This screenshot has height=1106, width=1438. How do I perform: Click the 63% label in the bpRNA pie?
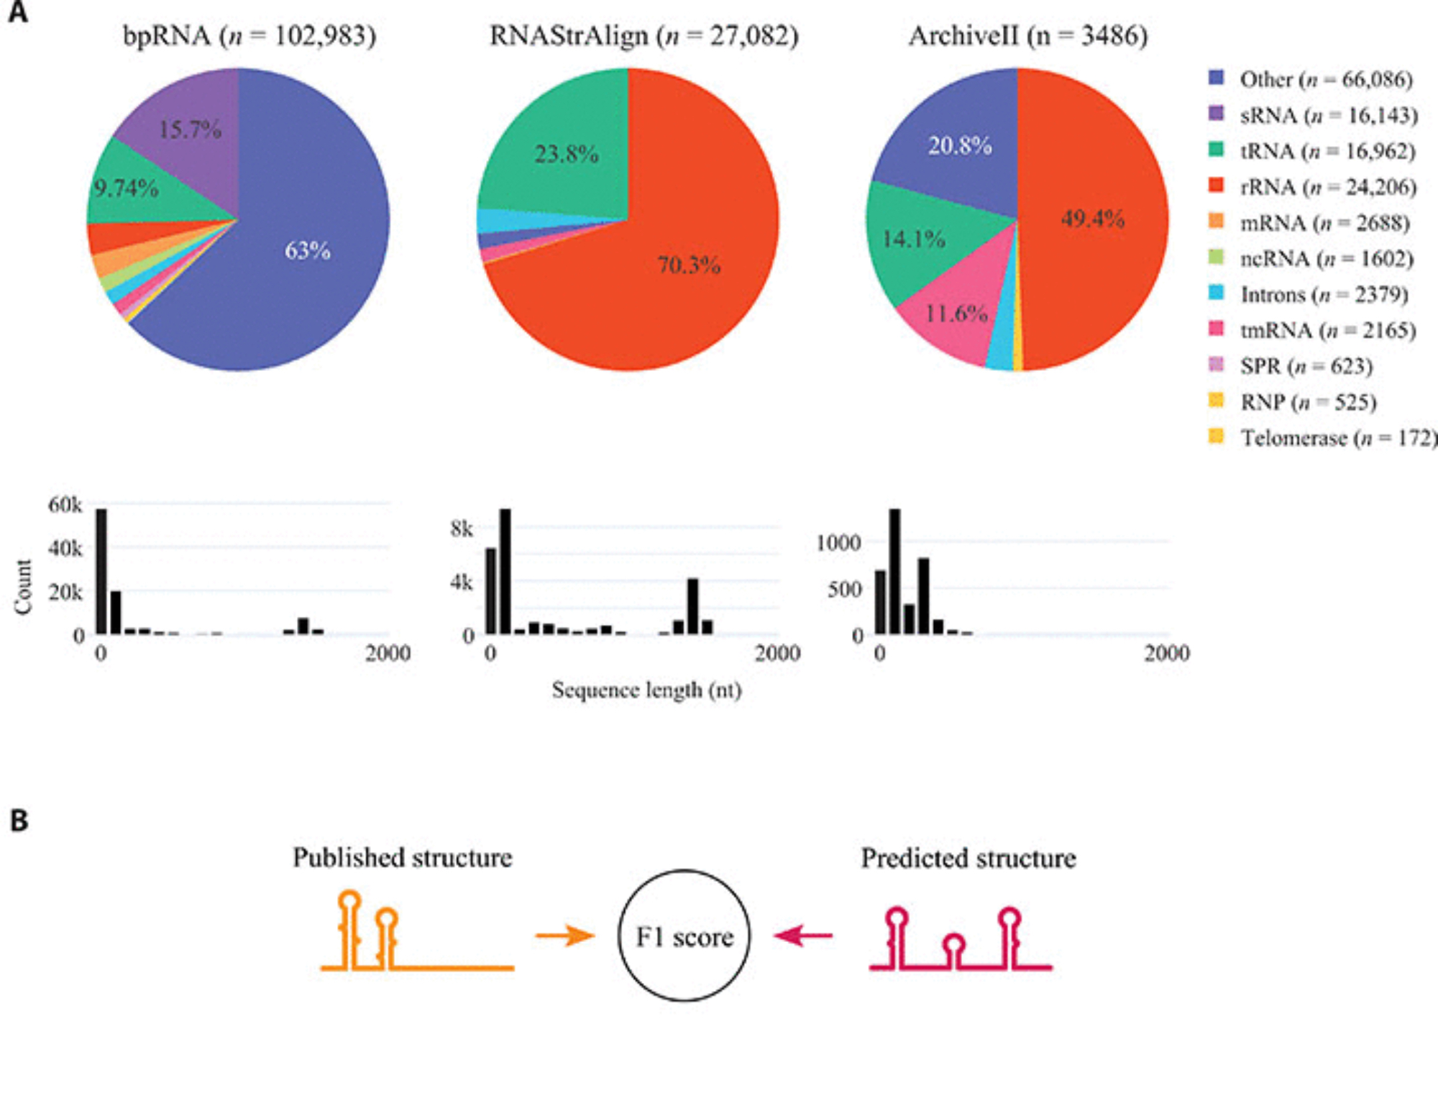point(307,251)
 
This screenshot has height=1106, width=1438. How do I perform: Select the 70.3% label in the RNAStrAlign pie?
point(688,265)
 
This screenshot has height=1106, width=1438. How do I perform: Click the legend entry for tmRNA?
point(1327,330)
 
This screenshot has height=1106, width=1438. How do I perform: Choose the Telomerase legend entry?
point(1338,438)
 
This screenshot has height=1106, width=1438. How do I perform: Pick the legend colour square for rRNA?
point(1216,186)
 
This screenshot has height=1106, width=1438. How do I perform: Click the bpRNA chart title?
point(249,35)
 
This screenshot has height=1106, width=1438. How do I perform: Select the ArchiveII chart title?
point(1027,35)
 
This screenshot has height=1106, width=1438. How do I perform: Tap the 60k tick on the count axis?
point(65,505)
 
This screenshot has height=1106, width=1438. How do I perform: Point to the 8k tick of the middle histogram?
point(462,529)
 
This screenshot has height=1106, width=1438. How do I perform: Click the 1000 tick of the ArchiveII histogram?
point(838,542)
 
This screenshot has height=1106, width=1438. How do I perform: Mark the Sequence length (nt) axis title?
point(646,690)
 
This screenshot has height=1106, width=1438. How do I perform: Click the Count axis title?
point(24,587)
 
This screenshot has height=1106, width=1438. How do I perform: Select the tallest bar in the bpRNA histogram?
point(101,571)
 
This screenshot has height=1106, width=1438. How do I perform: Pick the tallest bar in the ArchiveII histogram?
point(894,571)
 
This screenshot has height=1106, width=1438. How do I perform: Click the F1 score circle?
point(684,936)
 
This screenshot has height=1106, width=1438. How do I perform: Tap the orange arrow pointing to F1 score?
point(565,936)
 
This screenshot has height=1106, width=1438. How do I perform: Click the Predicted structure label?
point(968,858)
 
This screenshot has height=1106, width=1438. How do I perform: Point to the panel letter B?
point(19,821)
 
